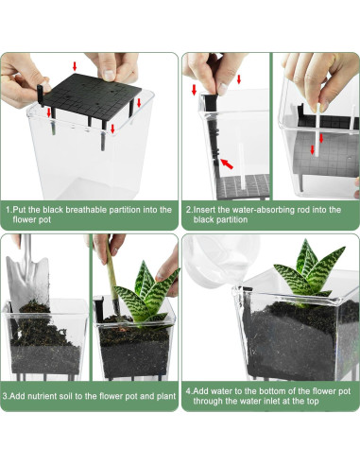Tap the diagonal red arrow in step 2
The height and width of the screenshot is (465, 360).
[x=227, y=164]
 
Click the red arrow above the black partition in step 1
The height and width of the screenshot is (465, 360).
[x=75, y=66]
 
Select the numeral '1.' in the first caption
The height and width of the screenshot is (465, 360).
[x=9, y=210]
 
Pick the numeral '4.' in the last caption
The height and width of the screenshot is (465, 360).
[x=189, y=391]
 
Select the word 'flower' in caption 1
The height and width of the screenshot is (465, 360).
[x=24, y=219]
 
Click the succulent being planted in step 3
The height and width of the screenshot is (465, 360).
[x=144, y=295]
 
